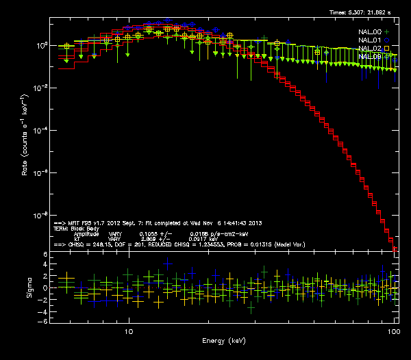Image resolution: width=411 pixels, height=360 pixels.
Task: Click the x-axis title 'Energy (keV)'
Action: [x=223, y=340]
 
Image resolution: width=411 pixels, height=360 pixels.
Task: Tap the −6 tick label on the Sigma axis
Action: [x=43, y=321]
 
